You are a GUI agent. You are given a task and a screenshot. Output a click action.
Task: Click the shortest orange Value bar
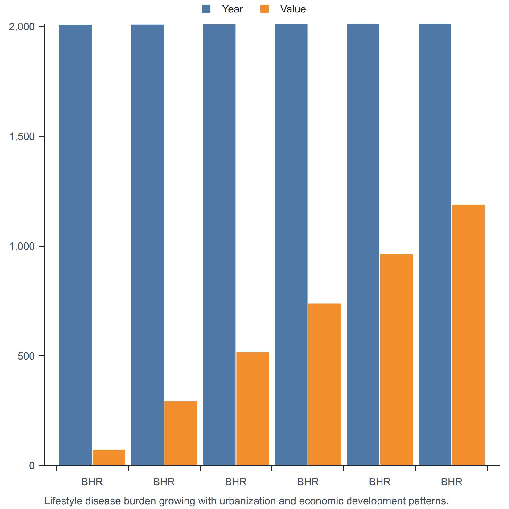click(x=109, y=458)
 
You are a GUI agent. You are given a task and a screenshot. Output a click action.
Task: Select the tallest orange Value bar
click(x=468, y=335)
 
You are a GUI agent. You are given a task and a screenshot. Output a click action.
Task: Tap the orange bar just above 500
click(x=253, y=409)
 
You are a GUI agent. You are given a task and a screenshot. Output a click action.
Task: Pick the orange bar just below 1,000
click(x=397, y=360)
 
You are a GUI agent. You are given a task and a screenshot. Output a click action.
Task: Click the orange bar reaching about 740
click(x=324, y=384)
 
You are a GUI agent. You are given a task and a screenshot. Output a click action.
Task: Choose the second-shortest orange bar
click(x=181, y=433)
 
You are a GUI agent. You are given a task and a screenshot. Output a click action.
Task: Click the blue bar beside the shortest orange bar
click(x=75, y=245)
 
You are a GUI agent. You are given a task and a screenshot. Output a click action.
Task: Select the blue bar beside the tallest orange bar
click(x=435, y=245)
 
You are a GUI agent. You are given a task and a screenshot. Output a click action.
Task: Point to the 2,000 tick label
click(x=22, y=27)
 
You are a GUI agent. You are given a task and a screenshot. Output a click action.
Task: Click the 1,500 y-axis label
click(x=22, y=136)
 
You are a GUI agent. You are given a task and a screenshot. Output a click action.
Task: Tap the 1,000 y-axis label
click(x=22, y=246)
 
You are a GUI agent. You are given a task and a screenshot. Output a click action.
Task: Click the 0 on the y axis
click(x=32, y=466)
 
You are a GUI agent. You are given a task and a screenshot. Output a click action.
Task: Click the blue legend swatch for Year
click(x=206, y=9)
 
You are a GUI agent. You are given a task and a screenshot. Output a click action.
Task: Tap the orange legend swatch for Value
click(x=264, y=9)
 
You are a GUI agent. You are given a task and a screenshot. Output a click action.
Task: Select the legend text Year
click(x=232, y=9)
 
